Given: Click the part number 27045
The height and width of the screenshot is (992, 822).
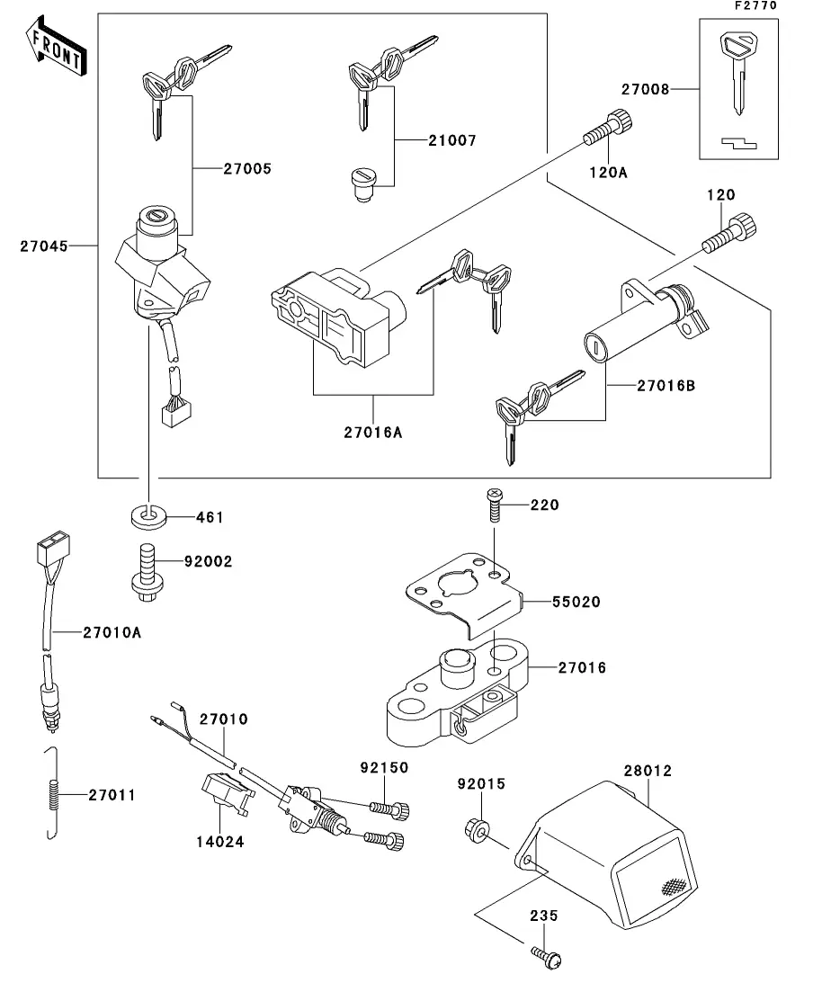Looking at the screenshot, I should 44,245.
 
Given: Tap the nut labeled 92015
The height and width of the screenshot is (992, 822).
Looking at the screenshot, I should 478,828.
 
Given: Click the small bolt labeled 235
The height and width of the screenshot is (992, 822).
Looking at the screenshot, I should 542,955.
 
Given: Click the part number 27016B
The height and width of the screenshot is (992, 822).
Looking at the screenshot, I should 666,386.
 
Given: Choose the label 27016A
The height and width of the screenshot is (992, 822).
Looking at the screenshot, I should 372,431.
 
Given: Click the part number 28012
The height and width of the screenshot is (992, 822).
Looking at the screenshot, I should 648,771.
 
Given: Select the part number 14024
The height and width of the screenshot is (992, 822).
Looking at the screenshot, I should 219,842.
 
